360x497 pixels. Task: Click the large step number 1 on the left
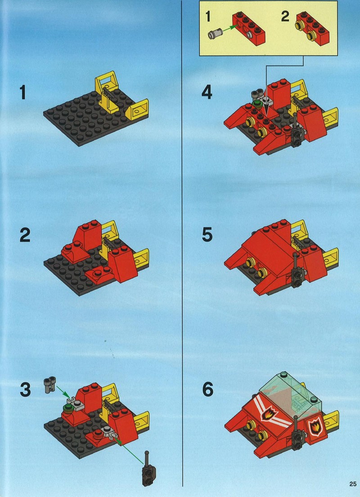pos(22,93)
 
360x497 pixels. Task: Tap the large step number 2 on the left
pos(25,236)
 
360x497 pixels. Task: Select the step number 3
pos(25,390)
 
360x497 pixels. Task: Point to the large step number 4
pos(207,93)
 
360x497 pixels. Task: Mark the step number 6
pos(207,390)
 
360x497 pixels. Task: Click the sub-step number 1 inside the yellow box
pos(208,17)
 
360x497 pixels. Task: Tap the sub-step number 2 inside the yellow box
pos(285,17)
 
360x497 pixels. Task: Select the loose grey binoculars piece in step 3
pos(50,384)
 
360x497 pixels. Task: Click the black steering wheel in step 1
pos(109,92)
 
